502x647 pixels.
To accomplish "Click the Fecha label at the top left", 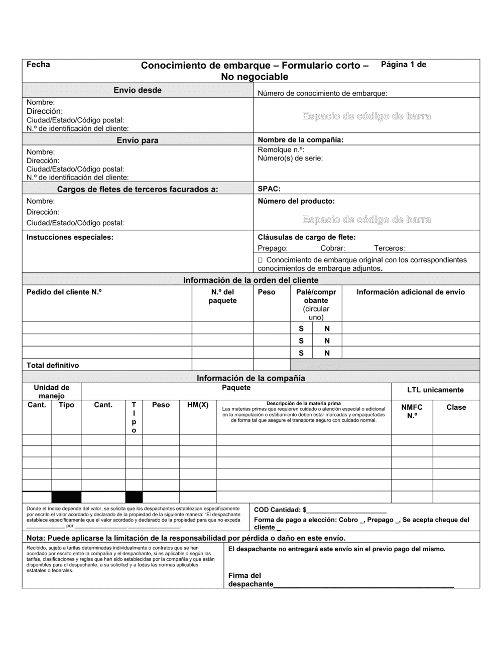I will (x=38, y=64).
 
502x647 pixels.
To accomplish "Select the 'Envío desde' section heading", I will (x=138, y=90).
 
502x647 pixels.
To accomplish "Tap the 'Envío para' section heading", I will (x=138, y=140).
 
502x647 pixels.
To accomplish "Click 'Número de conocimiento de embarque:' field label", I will (x=322, y=93).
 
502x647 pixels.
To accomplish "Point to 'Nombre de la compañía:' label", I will (x=301, y=140).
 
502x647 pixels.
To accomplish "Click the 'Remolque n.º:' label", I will (x=281, y=149).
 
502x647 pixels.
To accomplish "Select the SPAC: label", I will (x=269, y=189).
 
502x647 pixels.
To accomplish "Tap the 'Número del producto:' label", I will (x=296, y=201).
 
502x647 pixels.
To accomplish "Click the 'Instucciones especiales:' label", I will (x=70, y=237).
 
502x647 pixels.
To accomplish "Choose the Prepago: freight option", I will (x=273, y=248).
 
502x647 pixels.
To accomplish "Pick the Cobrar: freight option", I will (x=333, y=248).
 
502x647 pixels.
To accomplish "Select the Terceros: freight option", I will (x=389, y=248).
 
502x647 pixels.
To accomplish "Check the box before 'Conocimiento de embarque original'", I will (x=260, y=260).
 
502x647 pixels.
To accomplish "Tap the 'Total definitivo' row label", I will (x=53, y=366).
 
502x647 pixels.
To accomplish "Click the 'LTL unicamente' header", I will (x=435, y=390).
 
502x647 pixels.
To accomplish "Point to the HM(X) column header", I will (x=198, y=405).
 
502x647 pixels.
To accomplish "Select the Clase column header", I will (x=456, y=407).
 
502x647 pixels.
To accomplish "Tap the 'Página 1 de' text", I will (x=404, y=64).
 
